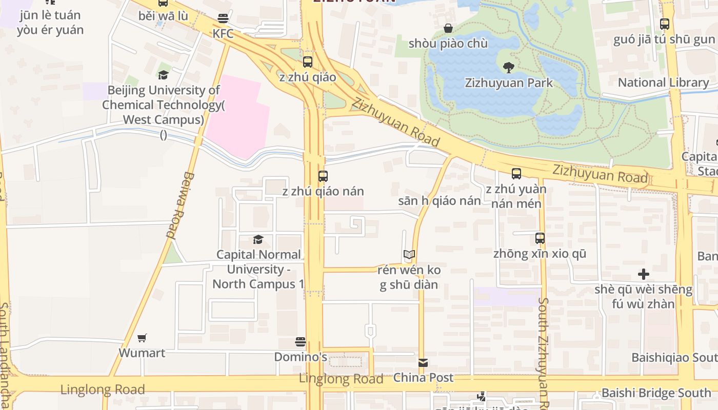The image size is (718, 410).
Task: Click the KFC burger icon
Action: (x=223, y=18)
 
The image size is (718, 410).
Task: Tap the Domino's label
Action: (x=301, y=357)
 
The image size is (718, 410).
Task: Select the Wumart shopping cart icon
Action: (x=142, y=338)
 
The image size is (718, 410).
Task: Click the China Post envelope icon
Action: (x=423, y=363)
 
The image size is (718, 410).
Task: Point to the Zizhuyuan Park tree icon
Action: (x=509, y=67)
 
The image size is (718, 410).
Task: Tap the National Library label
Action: (x=663, y=83)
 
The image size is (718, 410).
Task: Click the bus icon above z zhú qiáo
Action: (x=308, y=62)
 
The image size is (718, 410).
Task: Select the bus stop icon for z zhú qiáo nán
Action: (x=323, y=176)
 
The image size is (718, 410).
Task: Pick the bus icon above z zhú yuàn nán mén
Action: (x=516, y=174)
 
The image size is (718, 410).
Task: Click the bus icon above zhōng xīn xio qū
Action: (x=540, y=238)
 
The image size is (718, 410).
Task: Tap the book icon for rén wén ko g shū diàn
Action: (x=409, y=254)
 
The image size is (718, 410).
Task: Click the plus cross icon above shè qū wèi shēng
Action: (x=644, y=274)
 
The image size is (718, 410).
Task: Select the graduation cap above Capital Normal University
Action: (x=258, y=239)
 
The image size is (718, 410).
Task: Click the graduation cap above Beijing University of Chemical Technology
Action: (x=163, y=75)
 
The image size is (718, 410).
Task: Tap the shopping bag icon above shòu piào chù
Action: (x=448, y=28)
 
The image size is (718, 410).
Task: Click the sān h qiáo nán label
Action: (x=440, y=201)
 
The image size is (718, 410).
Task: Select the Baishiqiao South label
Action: (x=674, y=357)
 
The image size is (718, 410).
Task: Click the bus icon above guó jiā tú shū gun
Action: (x=665, y=24)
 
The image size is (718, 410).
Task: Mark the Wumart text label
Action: (x=142, y=353)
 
